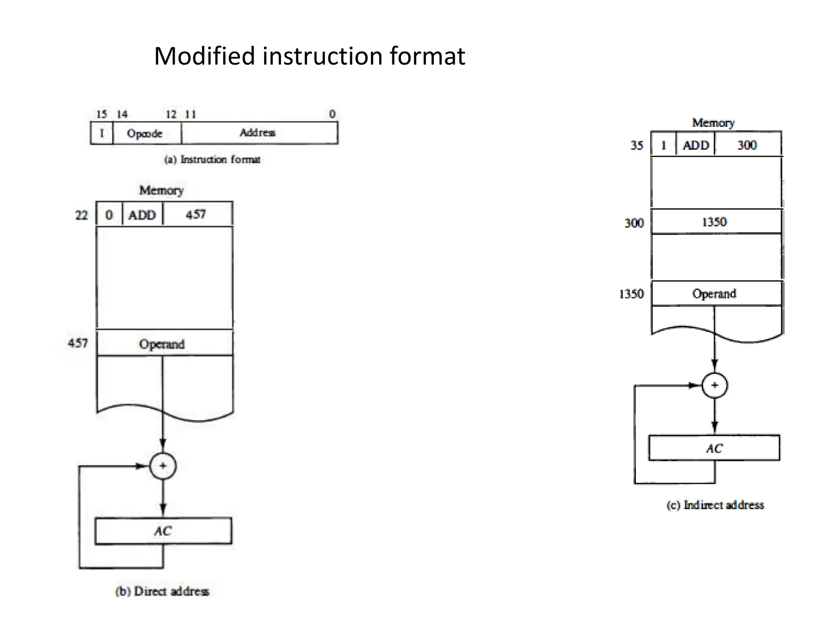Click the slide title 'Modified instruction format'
310,56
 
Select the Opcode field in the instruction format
145,133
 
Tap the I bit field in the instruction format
102,133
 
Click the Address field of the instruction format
258,133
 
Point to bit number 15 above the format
101,114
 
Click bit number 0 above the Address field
332,114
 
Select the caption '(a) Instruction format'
212,160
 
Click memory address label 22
81,215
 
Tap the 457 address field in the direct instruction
196,214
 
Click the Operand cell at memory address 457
162,344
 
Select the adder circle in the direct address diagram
163,466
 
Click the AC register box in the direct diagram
163,531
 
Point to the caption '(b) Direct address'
162,591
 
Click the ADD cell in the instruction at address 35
696,145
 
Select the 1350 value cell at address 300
714,222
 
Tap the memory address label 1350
631,294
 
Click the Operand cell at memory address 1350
714,294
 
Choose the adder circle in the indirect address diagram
714,385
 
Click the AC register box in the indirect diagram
714,448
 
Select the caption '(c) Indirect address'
715,505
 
